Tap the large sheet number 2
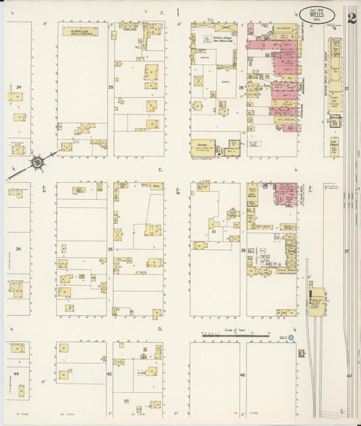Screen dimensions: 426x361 (x=352, y=18)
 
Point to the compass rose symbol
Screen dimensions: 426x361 (x=36, y=162)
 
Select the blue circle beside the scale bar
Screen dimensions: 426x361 (x=291, y=337)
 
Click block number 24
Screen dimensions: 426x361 (x=19, y=87)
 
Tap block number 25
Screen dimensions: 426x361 (x=110, y=87)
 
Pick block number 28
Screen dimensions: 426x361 (x=240, y=87)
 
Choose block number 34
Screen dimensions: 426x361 (x=19, y=249)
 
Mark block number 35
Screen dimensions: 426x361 (x=110, y=249)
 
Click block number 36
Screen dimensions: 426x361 (x=243, y=249)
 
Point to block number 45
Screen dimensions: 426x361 (x=109, y=374)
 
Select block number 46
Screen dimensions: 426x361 (x=242, y=374)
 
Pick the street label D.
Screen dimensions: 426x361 (x=161, y=329)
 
